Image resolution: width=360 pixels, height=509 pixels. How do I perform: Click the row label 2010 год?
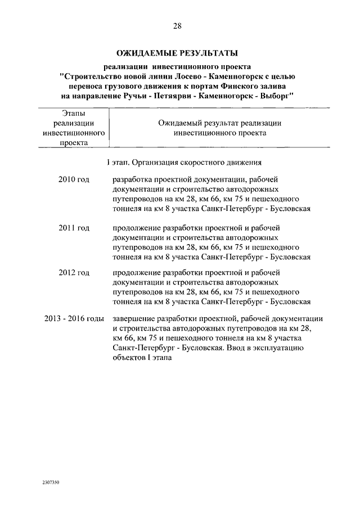(x=74, y=179)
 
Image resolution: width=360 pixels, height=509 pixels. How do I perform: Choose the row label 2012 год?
(x=74, y=273)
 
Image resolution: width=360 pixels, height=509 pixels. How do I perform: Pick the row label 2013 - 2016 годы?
(x=74, y=318)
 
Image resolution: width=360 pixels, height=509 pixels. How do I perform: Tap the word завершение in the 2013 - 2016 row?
(x=134, y=318)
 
